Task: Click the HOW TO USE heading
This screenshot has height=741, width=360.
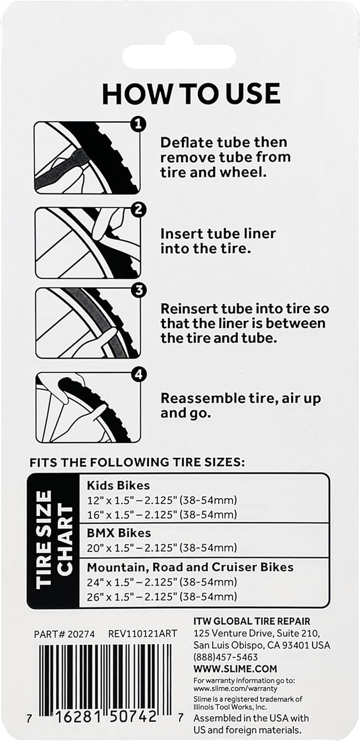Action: coord(191,94)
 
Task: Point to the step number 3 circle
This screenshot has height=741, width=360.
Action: coord(139,290)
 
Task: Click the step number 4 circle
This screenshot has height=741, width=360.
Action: coord(139,375)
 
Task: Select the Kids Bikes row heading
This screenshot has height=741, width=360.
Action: coord(118,485)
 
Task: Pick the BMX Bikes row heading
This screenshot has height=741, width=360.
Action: coord(119,533)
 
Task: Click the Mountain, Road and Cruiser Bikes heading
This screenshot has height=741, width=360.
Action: coord(190,567)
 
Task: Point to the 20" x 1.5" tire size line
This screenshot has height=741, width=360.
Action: coord(162,548)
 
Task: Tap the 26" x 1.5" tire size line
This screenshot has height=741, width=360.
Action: coord(162,597)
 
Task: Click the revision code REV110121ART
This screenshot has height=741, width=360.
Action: coord(143,634)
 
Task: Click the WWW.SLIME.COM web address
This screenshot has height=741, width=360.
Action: coord(235,669)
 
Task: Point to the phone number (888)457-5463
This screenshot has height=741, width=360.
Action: coord(226,657)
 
